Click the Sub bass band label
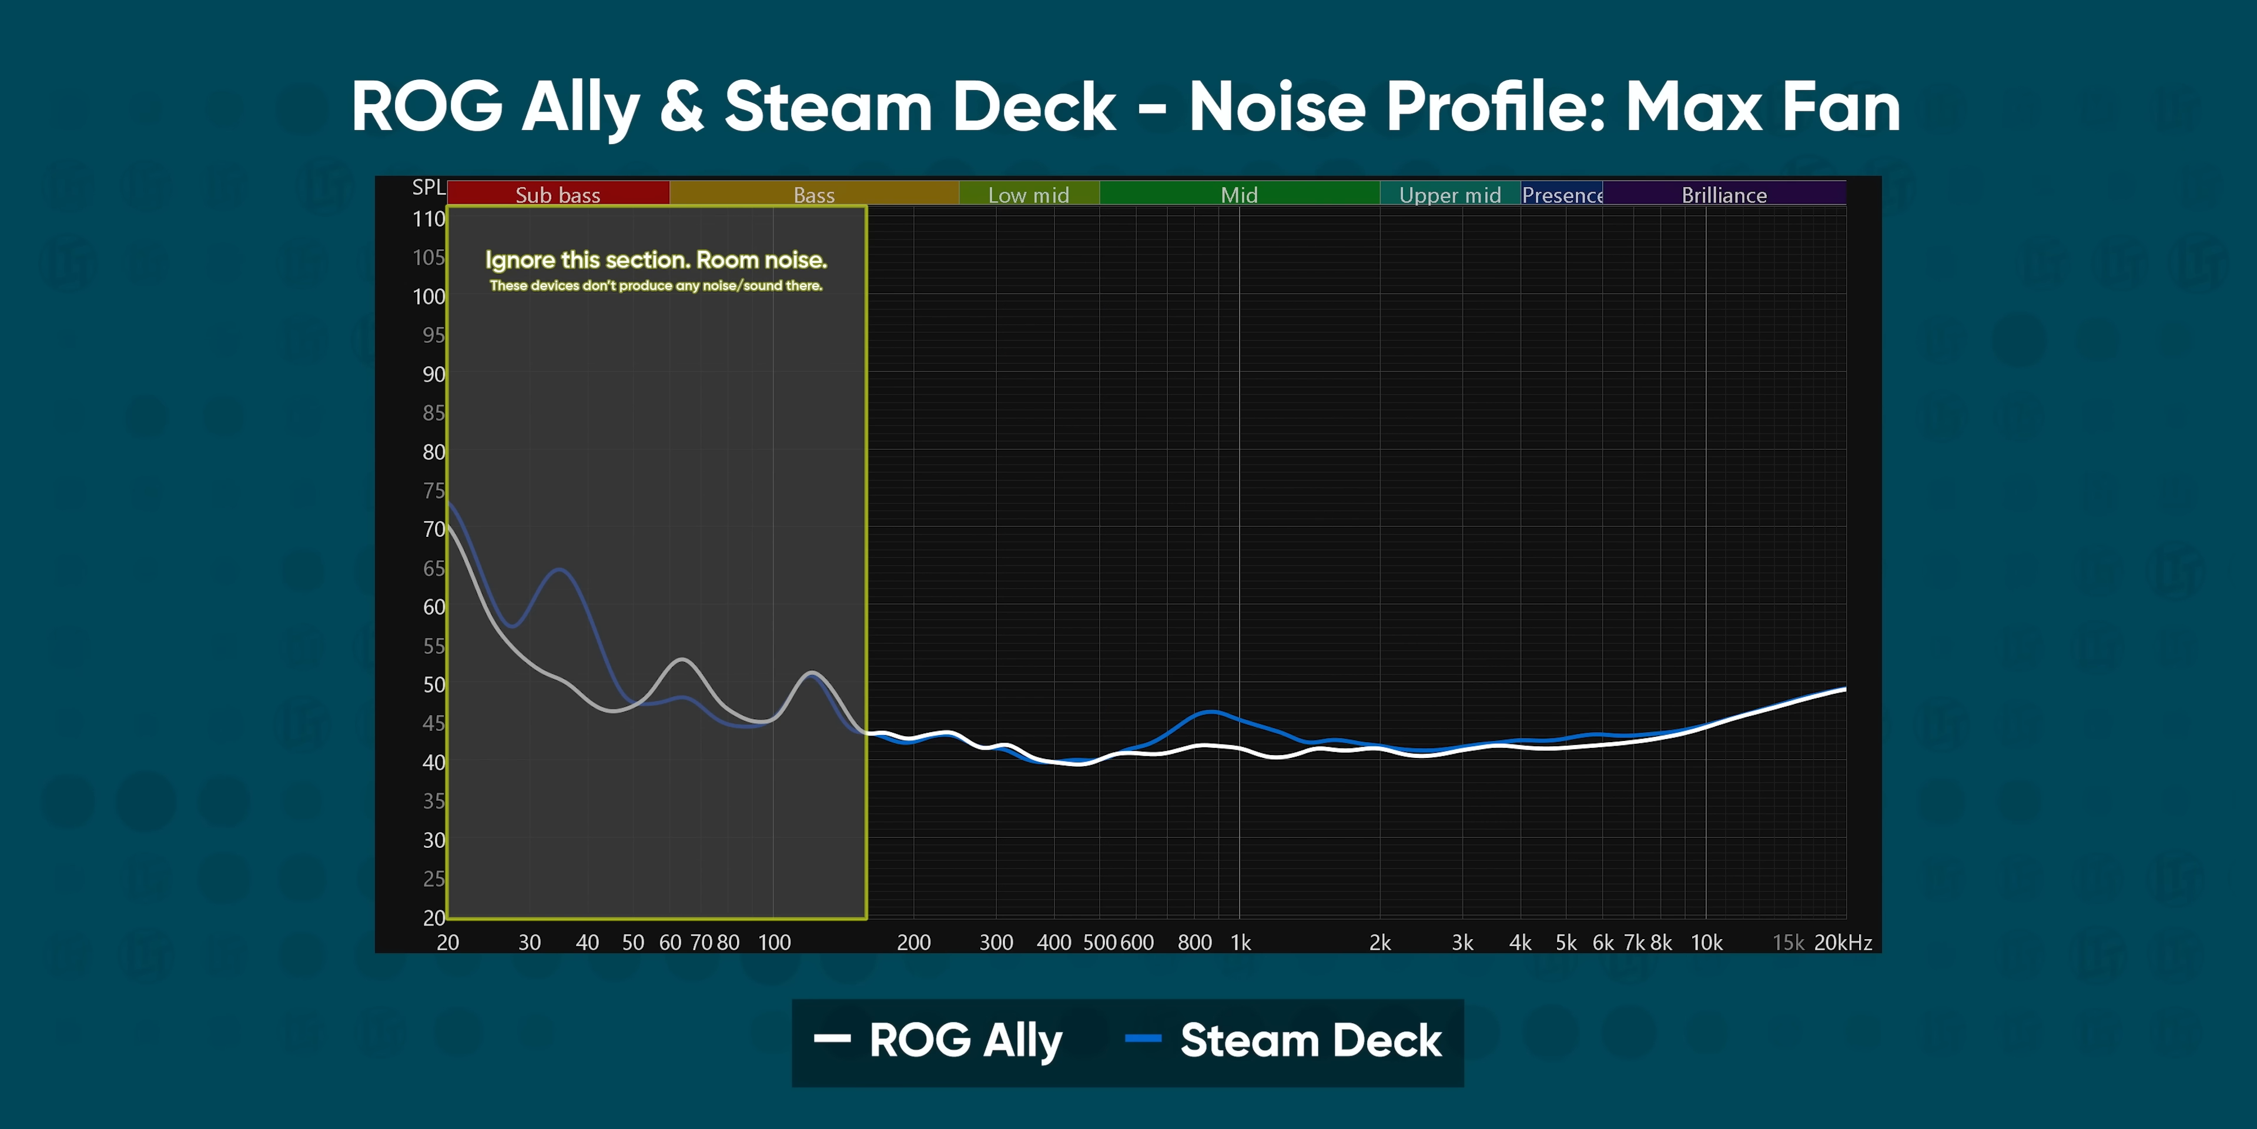click(x=557, y=195)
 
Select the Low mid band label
click(x=1029, y=195)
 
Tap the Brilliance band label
click(x=1723, y=195)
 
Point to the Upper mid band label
click(x=1449, y=195)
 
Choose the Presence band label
click(x=1562, y=195)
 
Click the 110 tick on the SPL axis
click(x=428, y=219)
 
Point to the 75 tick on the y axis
click(x=433, y=491)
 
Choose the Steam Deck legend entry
click(x=1284, y=1040)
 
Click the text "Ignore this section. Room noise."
click(x=655, y=260)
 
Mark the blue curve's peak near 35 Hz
click(x=559, y=570)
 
